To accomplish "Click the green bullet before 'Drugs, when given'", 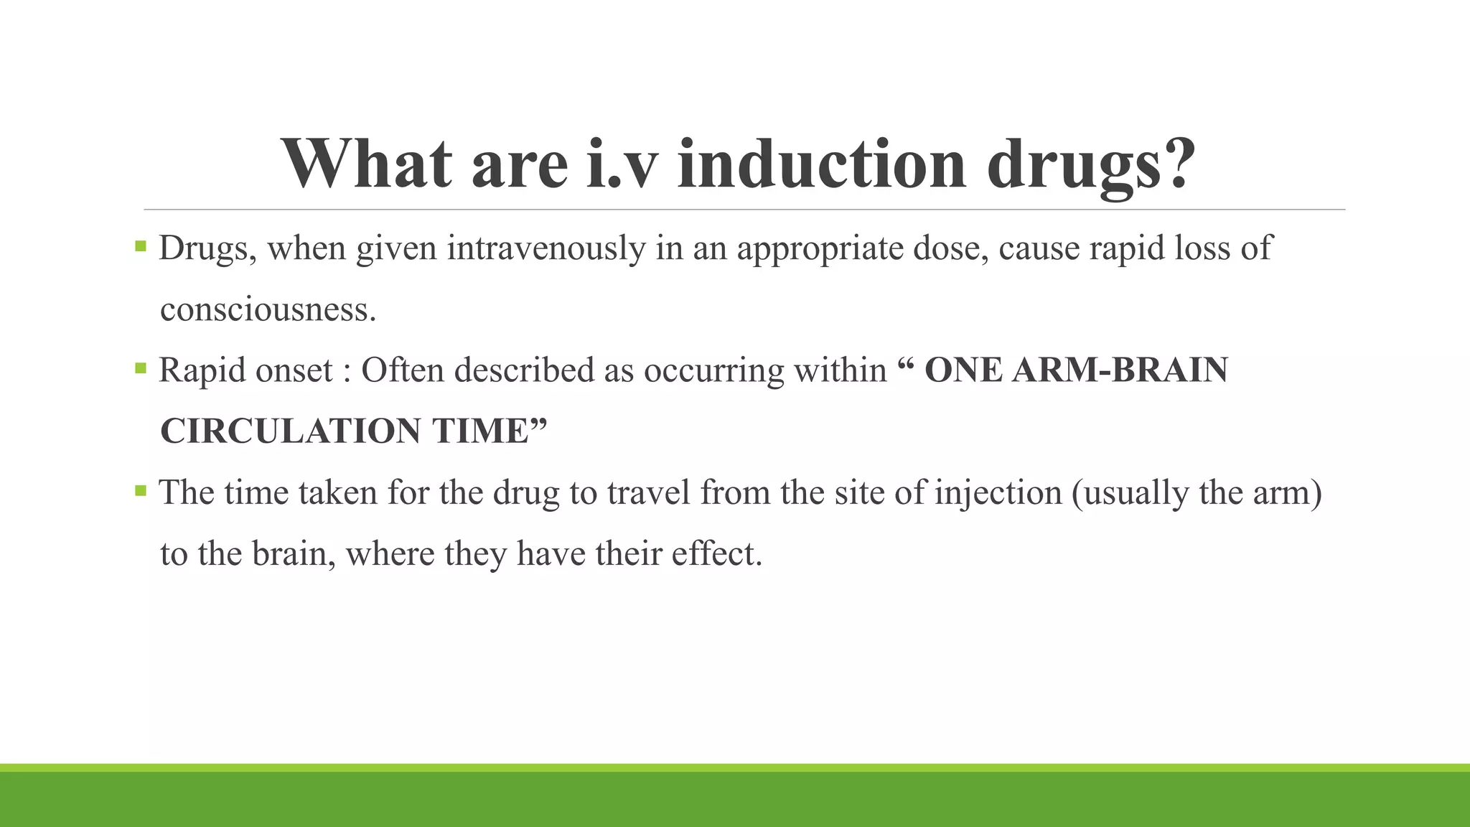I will (x=141, y=248).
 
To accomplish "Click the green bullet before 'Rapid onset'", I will (x=141, y=370).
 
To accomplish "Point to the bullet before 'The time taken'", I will (x=141, y=492).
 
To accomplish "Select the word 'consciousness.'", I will (x=268, y=310).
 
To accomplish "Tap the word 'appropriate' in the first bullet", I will (x=820, y=249).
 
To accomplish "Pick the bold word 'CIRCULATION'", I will (x=290, y=431).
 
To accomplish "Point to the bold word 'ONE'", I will (x=963, y=370).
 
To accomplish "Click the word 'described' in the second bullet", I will (x=524, y=370).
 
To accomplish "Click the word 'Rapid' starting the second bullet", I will (x=202, y=371).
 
